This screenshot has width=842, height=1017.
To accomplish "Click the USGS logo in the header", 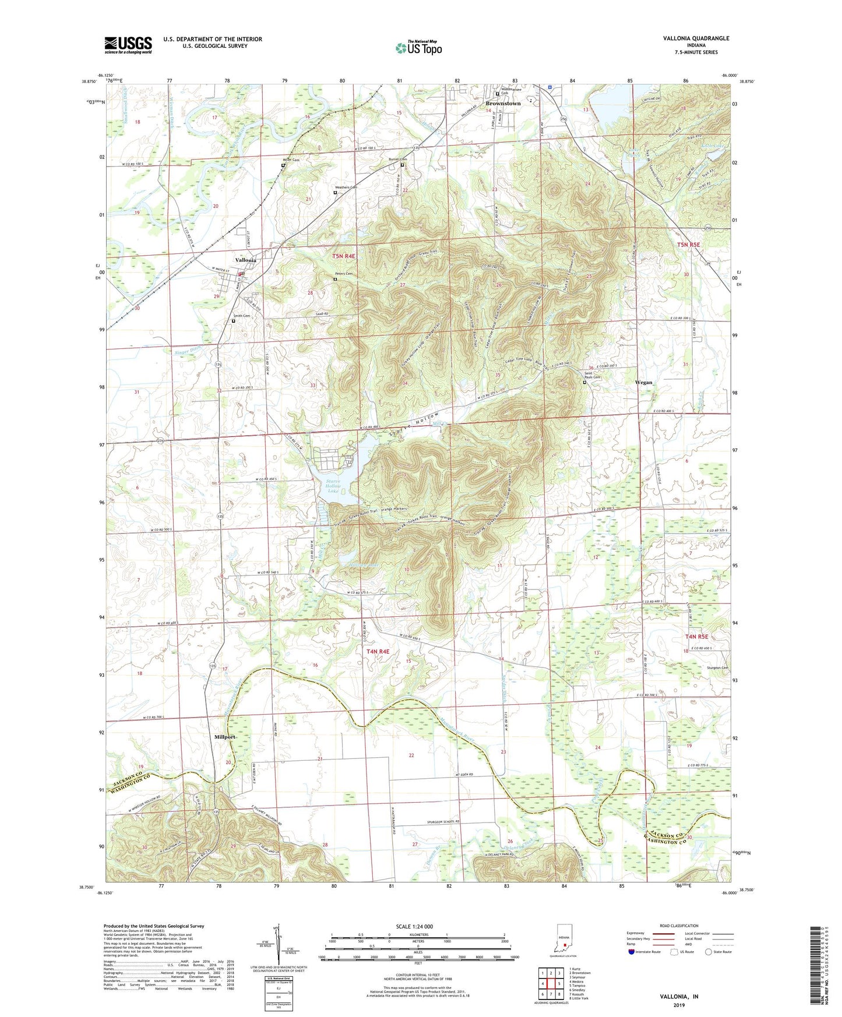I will (x=128, y=44).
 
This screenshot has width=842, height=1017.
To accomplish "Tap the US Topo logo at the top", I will (x=418, y=48).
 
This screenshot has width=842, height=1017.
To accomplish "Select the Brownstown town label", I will (x=503, y=104).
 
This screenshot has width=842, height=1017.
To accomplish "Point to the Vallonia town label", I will (x=245, y=260).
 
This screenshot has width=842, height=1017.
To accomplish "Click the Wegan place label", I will (x=643, y=383).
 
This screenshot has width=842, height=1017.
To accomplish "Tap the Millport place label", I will (x=225, y=737).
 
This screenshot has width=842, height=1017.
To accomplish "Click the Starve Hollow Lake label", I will (x=333, y=486).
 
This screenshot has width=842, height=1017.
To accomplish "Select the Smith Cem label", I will (x=242, y=316).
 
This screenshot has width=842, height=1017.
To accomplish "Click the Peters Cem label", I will (x=344, y=274).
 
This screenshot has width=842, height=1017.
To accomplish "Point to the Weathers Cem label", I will (x=345, y=188).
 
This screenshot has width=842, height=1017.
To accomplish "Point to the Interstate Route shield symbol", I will (x=632, y=952).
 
